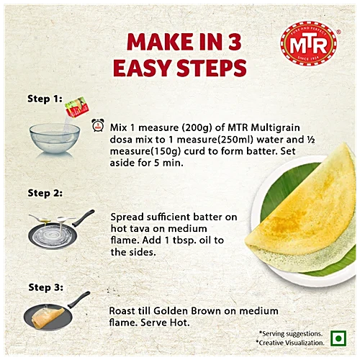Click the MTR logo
309,43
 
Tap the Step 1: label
45,99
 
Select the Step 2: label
45,193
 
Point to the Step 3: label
45,287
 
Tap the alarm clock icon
98,125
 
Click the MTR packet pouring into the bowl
77,107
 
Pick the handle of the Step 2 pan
84,218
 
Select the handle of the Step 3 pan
79,300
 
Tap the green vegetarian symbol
338,338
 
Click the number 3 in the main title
235,42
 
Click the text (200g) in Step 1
197,127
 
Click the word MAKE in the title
156,42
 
